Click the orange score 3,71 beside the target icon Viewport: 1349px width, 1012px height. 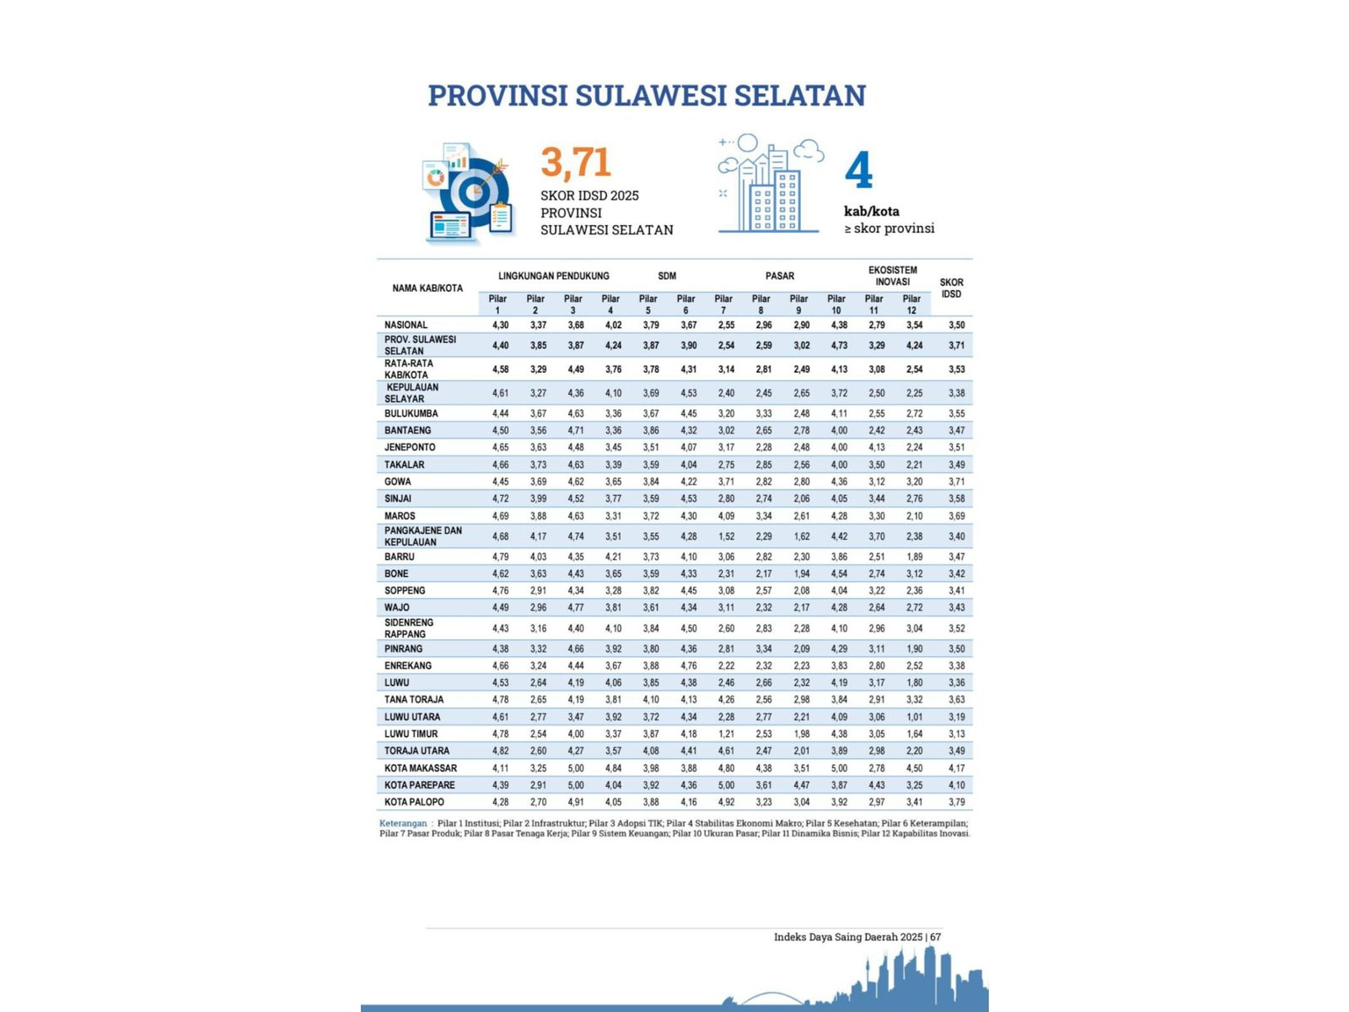pyautogui.click(x=576, y=163)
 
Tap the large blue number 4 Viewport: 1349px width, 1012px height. pyautogui.click(x=858, y=171)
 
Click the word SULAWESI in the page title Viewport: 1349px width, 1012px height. pyautogui.click(x=648, y=95)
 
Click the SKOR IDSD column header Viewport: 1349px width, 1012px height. pyautogui.click(x=951, y=288)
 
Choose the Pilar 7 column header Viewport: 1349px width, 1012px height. pyautogui.click(x=723, y=304)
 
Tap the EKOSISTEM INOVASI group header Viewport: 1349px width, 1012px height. pyautogui.click(x=892, y=276)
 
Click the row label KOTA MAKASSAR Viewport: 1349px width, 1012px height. pyautogui.click(x=421, y=768)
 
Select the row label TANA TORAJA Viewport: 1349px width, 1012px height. pyautogui.click(x=414, y=700)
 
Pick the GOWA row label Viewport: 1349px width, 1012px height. pyautogui.click(x=398, y=482)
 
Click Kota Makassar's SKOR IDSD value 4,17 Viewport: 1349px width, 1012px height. pyautogui.click(x=956, y=768)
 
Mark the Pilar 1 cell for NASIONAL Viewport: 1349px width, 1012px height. pyautogui.click(x=500, y=326)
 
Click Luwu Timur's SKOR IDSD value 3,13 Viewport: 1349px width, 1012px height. pyautogui.click(x=956, y=735)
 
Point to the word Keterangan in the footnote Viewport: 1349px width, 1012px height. pyautogui.click(x=403, y=823)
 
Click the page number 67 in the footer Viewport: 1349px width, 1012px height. pyautogui.click(x=936, y=937)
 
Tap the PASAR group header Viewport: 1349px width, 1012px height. pyautogui.click(x=780, y=276)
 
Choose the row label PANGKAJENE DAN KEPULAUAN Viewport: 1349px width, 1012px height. pyautogui.click(x=423, y=536)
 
